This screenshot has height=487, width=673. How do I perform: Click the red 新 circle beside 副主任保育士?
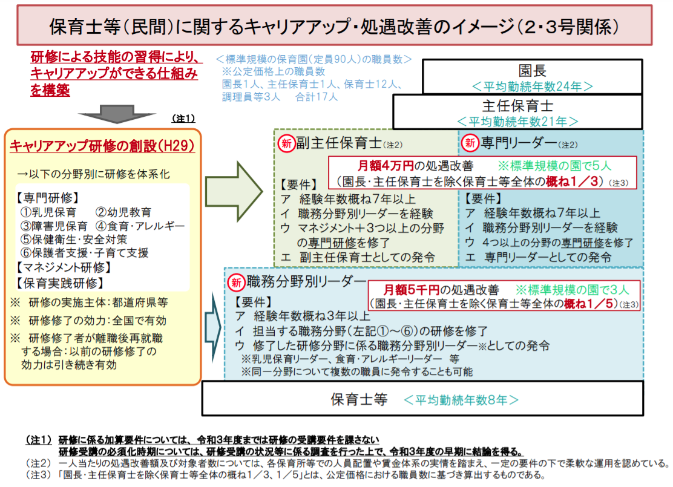(286, 143)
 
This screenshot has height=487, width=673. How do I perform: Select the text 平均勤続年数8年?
(461, 399)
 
